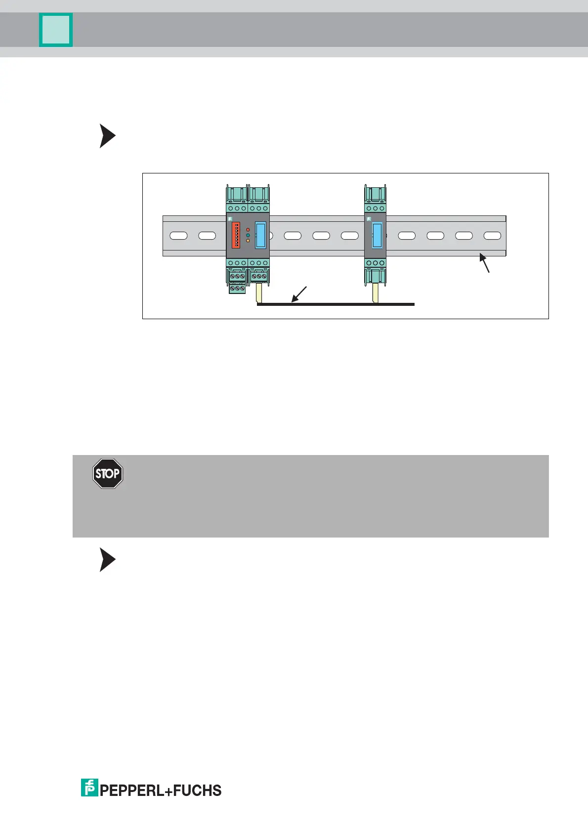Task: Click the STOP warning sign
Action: [x=108, y=473]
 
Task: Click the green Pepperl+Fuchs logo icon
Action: [x=89, y=788]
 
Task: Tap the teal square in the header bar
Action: [x=56, y=30]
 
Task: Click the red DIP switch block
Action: [x=236, y=235]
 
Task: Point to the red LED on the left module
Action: [x=248, y=230]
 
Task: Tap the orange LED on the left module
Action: [x=248, y=241]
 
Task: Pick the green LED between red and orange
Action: [x=248, y=236]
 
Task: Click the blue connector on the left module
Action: [x=260, y=235]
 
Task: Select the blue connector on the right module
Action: [x=377, y=235]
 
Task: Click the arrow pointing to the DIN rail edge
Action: [x=485, y=262]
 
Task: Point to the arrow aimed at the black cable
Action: [x=299, y=294]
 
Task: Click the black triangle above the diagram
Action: [x=107, y=136]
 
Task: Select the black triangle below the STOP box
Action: [x=107, y=559]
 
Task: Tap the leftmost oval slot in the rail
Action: [x=178, y=236]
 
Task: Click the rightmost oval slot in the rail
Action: [x=492, y=236]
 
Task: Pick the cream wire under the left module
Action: [x=259, y=294]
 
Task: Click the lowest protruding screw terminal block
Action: [x=238, y=288]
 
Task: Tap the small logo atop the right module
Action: [x=369, y=219]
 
